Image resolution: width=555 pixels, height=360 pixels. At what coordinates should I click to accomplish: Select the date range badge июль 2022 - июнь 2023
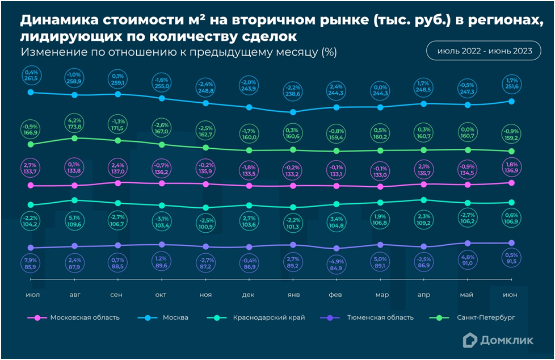(484, 51)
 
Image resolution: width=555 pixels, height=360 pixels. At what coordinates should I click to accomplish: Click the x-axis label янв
(293, 295)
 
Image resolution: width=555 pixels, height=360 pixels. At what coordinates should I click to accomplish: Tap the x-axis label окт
(162, 295)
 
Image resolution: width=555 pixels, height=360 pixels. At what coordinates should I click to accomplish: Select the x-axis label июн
(511, 295)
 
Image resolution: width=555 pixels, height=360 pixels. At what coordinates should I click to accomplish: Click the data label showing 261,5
(31, 76)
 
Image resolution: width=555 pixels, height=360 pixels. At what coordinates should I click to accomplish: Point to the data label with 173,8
(74, 123)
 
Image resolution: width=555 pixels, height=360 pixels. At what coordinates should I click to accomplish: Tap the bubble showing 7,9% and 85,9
(31, 263)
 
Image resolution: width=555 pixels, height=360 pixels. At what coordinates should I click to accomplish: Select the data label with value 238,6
(293, 91)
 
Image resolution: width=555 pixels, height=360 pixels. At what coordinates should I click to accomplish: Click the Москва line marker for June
(511, 101)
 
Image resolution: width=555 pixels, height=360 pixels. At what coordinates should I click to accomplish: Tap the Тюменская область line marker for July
(31, 248)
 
